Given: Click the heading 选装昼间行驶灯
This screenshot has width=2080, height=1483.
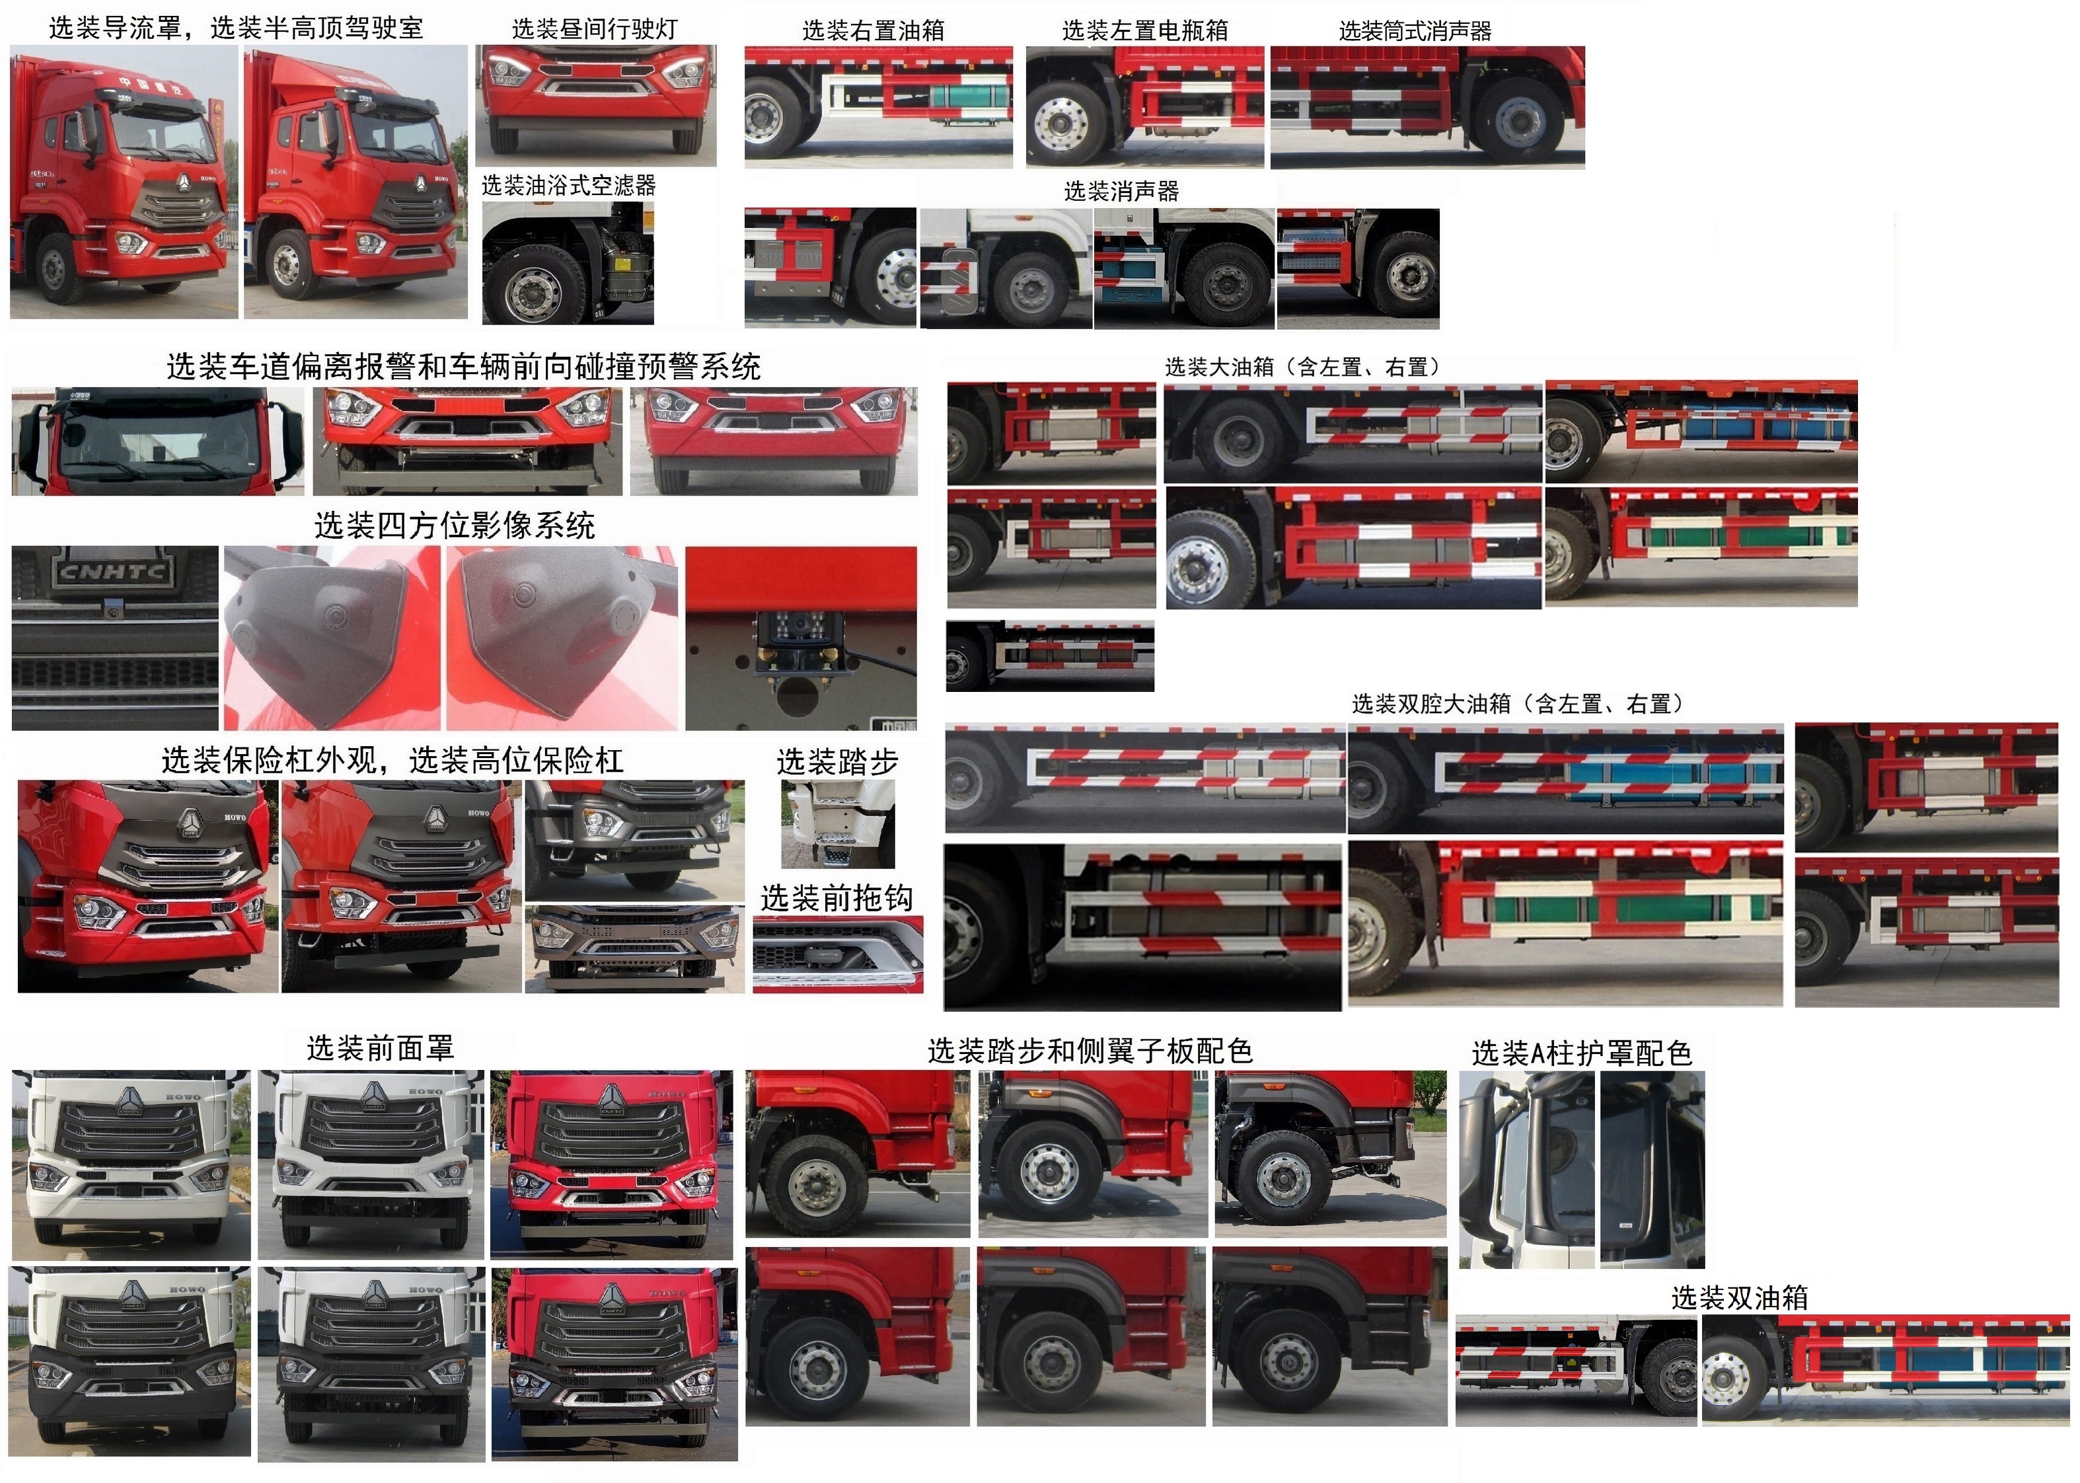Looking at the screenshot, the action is pos(595,29).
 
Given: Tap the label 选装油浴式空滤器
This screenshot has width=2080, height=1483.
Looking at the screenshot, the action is pos(568,185).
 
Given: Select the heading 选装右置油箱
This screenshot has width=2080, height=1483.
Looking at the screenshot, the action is pos(873,31).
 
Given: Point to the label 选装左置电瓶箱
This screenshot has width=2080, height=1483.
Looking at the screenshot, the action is pos(1144,31).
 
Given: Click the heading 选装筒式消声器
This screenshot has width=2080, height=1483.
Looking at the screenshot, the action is pos(1415,31).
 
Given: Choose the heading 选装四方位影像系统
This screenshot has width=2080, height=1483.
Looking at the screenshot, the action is pos(454,525).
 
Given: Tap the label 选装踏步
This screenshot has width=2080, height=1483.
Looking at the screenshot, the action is pos(837,761).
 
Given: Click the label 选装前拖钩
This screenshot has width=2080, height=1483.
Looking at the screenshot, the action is pos(836,897).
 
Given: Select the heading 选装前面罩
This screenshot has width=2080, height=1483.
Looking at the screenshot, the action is pos(380,1047).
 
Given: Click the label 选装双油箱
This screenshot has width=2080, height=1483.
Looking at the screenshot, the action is pos(1740,1297).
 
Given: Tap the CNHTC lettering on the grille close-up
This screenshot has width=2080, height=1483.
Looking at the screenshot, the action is pos(112,572).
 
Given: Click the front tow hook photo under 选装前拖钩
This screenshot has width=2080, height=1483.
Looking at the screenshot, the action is pos(837,954).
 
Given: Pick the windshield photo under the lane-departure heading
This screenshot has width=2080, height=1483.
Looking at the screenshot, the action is pos(157,441).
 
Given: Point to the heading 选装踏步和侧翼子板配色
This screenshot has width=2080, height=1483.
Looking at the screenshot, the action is pos(1090,1051).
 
